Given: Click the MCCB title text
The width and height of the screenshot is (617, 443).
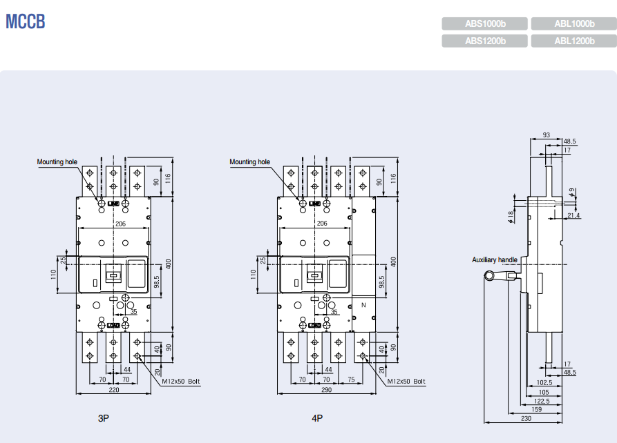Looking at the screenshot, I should [x=26, y=22].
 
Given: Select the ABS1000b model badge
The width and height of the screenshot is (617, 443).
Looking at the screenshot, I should [x=485, y=23].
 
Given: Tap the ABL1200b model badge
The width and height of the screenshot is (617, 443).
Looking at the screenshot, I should [x=573, y=41].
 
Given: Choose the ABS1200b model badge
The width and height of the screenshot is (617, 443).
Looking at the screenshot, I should [x=485, y=41].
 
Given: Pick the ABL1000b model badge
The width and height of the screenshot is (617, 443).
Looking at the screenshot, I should [x=573, y=23].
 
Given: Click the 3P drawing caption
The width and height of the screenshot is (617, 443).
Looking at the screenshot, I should [x=104, y=418].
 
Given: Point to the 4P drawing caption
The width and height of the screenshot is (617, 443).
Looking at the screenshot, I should [x=317, y=418].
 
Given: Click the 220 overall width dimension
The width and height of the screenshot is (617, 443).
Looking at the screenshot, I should [x=113, y=390].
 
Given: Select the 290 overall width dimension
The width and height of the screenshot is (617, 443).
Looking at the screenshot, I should [x=327, y=390].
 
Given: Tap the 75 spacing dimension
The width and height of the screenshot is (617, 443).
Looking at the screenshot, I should [x=351, y=380].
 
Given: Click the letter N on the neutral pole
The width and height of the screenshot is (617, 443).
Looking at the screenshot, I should [x=363, y=304].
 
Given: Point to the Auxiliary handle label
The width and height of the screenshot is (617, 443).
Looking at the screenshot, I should [x=494, y=259].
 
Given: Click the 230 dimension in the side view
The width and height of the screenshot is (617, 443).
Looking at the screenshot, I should [x=526, y=418].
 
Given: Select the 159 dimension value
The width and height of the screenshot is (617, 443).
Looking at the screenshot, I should [x=536, y=409].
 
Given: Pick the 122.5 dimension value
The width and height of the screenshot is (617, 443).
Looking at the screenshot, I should [x=541, y=400].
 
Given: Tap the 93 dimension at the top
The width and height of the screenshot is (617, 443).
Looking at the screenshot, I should [x=547, y=135].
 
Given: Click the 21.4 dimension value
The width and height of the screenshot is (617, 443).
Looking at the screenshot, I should [x=573, y=216].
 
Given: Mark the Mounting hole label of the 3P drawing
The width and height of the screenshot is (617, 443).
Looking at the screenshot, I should [x=57, y=161].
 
